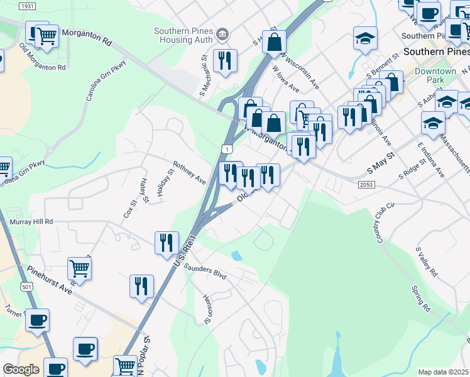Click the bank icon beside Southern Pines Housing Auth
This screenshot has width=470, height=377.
[x=222, y=33]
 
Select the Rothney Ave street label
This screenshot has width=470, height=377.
[x=190, y=171]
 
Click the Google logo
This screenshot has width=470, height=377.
[x=21, y=369]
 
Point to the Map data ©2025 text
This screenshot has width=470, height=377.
[x=443, y=372]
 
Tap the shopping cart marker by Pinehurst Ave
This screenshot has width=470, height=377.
[x=80, y=268]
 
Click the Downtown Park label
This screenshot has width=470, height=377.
[x=435, y=75]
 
